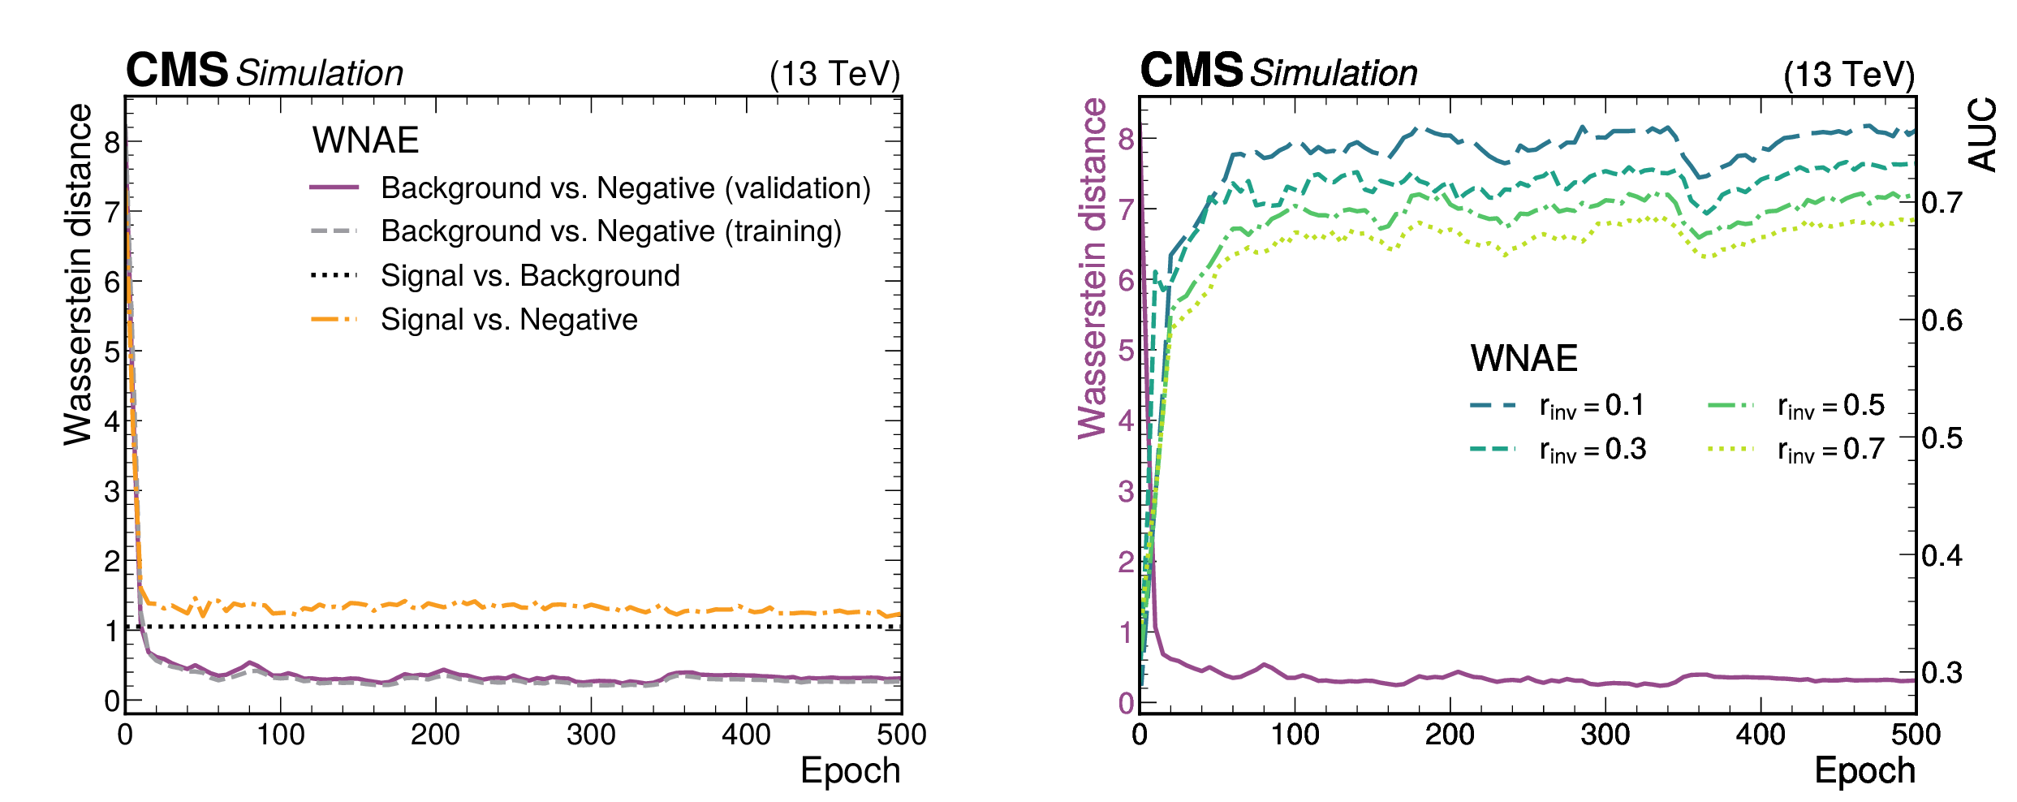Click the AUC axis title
click(1982, 134)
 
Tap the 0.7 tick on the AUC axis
click(1942, 202)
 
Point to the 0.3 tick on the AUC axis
click(1942, 673)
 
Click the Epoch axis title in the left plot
click(850, 770)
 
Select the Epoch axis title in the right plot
click(1864, 770)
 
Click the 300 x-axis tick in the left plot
click(591, 735)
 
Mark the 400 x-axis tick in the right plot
click(1761, 735)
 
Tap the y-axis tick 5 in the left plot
click(112, 352)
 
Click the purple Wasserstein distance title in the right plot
click(1093, 268)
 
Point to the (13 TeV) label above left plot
click(834, 74)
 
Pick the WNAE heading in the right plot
click(1524, 358)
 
